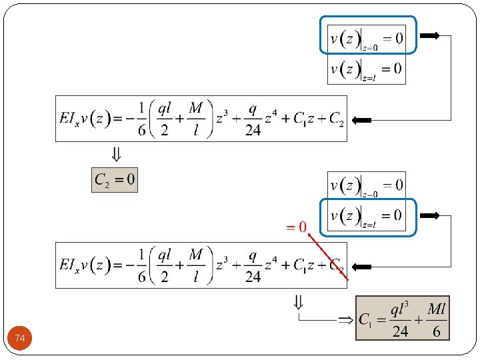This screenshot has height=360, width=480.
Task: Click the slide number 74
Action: tap(20, 339)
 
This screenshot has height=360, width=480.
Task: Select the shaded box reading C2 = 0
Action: tap(115, 179)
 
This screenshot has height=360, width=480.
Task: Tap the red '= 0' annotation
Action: tap(296, 227)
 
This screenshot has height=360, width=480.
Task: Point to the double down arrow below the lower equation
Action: tap(298, 302)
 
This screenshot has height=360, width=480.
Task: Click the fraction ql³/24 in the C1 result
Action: tap(400, 319)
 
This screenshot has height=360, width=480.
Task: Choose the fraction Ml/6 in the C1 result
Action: tap(436, 319)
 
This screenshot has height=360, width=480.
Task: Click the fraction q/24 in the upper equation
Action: tap(253, 119)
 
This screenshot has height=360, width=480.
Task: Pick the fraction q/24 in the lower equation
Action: tap(253, 265)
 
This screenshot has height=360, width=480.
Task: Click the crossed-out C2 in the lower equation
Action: tap(337, 265)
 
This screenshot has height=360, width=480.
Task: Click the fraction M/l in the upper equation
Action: tap(195, 119)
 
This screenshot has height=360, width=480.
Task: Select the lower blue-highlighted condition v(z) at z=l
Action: tap(367, 216)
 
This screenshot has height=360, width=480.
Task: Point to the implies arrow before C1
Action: tap(345, 320)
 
